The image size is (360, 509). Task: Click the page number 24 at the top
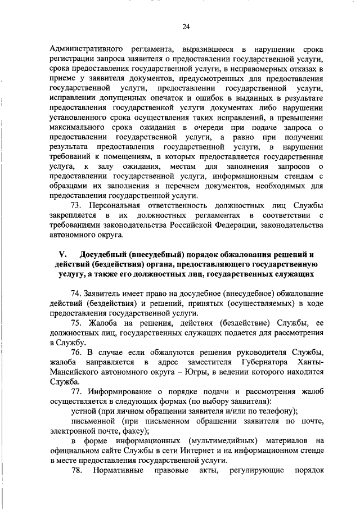click(x=186, y=26)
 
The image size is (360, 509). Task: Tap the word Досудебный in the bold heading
click(x=107, y=255)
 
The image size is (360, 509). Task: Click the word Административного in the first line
click(x=82, y=49)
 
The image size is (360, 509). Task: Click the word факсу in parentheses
click(x=133, y=430)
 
